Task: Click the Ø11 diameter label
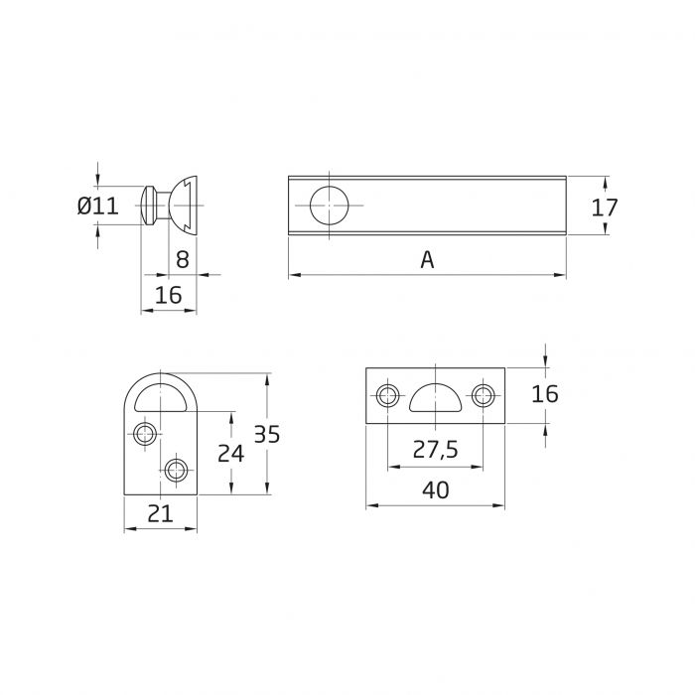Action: click(97, 207)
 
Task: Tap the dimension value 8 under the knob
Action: click(182, 260)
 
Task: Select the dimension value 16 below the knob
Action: click(168, 295)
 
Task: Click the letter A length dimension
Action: click(427, 260)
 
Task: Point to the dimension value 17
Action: click(604, 208)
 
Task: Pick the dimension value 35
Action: click(267, 434)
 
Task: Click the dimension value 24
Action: click(230, 453)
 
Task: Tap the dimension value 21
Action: click(161, 513)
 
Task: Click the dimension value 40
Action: click(435, 490)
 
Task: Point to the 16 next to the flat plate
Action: click(544, 394)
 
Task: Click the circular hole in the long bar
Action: click(330, 206)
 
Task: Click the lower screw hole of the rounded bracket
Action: click(177, 468)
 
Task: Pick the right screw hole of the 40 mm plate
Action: click(483, 396)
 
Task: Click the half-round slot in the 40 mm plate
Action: click(435, 396)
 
